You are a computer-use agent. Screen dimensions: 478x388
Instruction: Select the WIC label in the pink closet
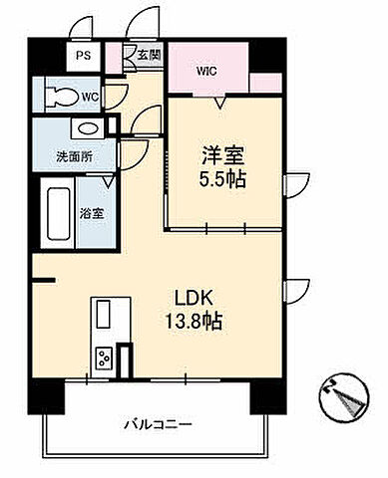pos(206,72)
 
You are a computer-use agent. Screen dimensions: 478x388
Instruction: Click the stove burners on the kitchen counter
pos(104,358)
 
